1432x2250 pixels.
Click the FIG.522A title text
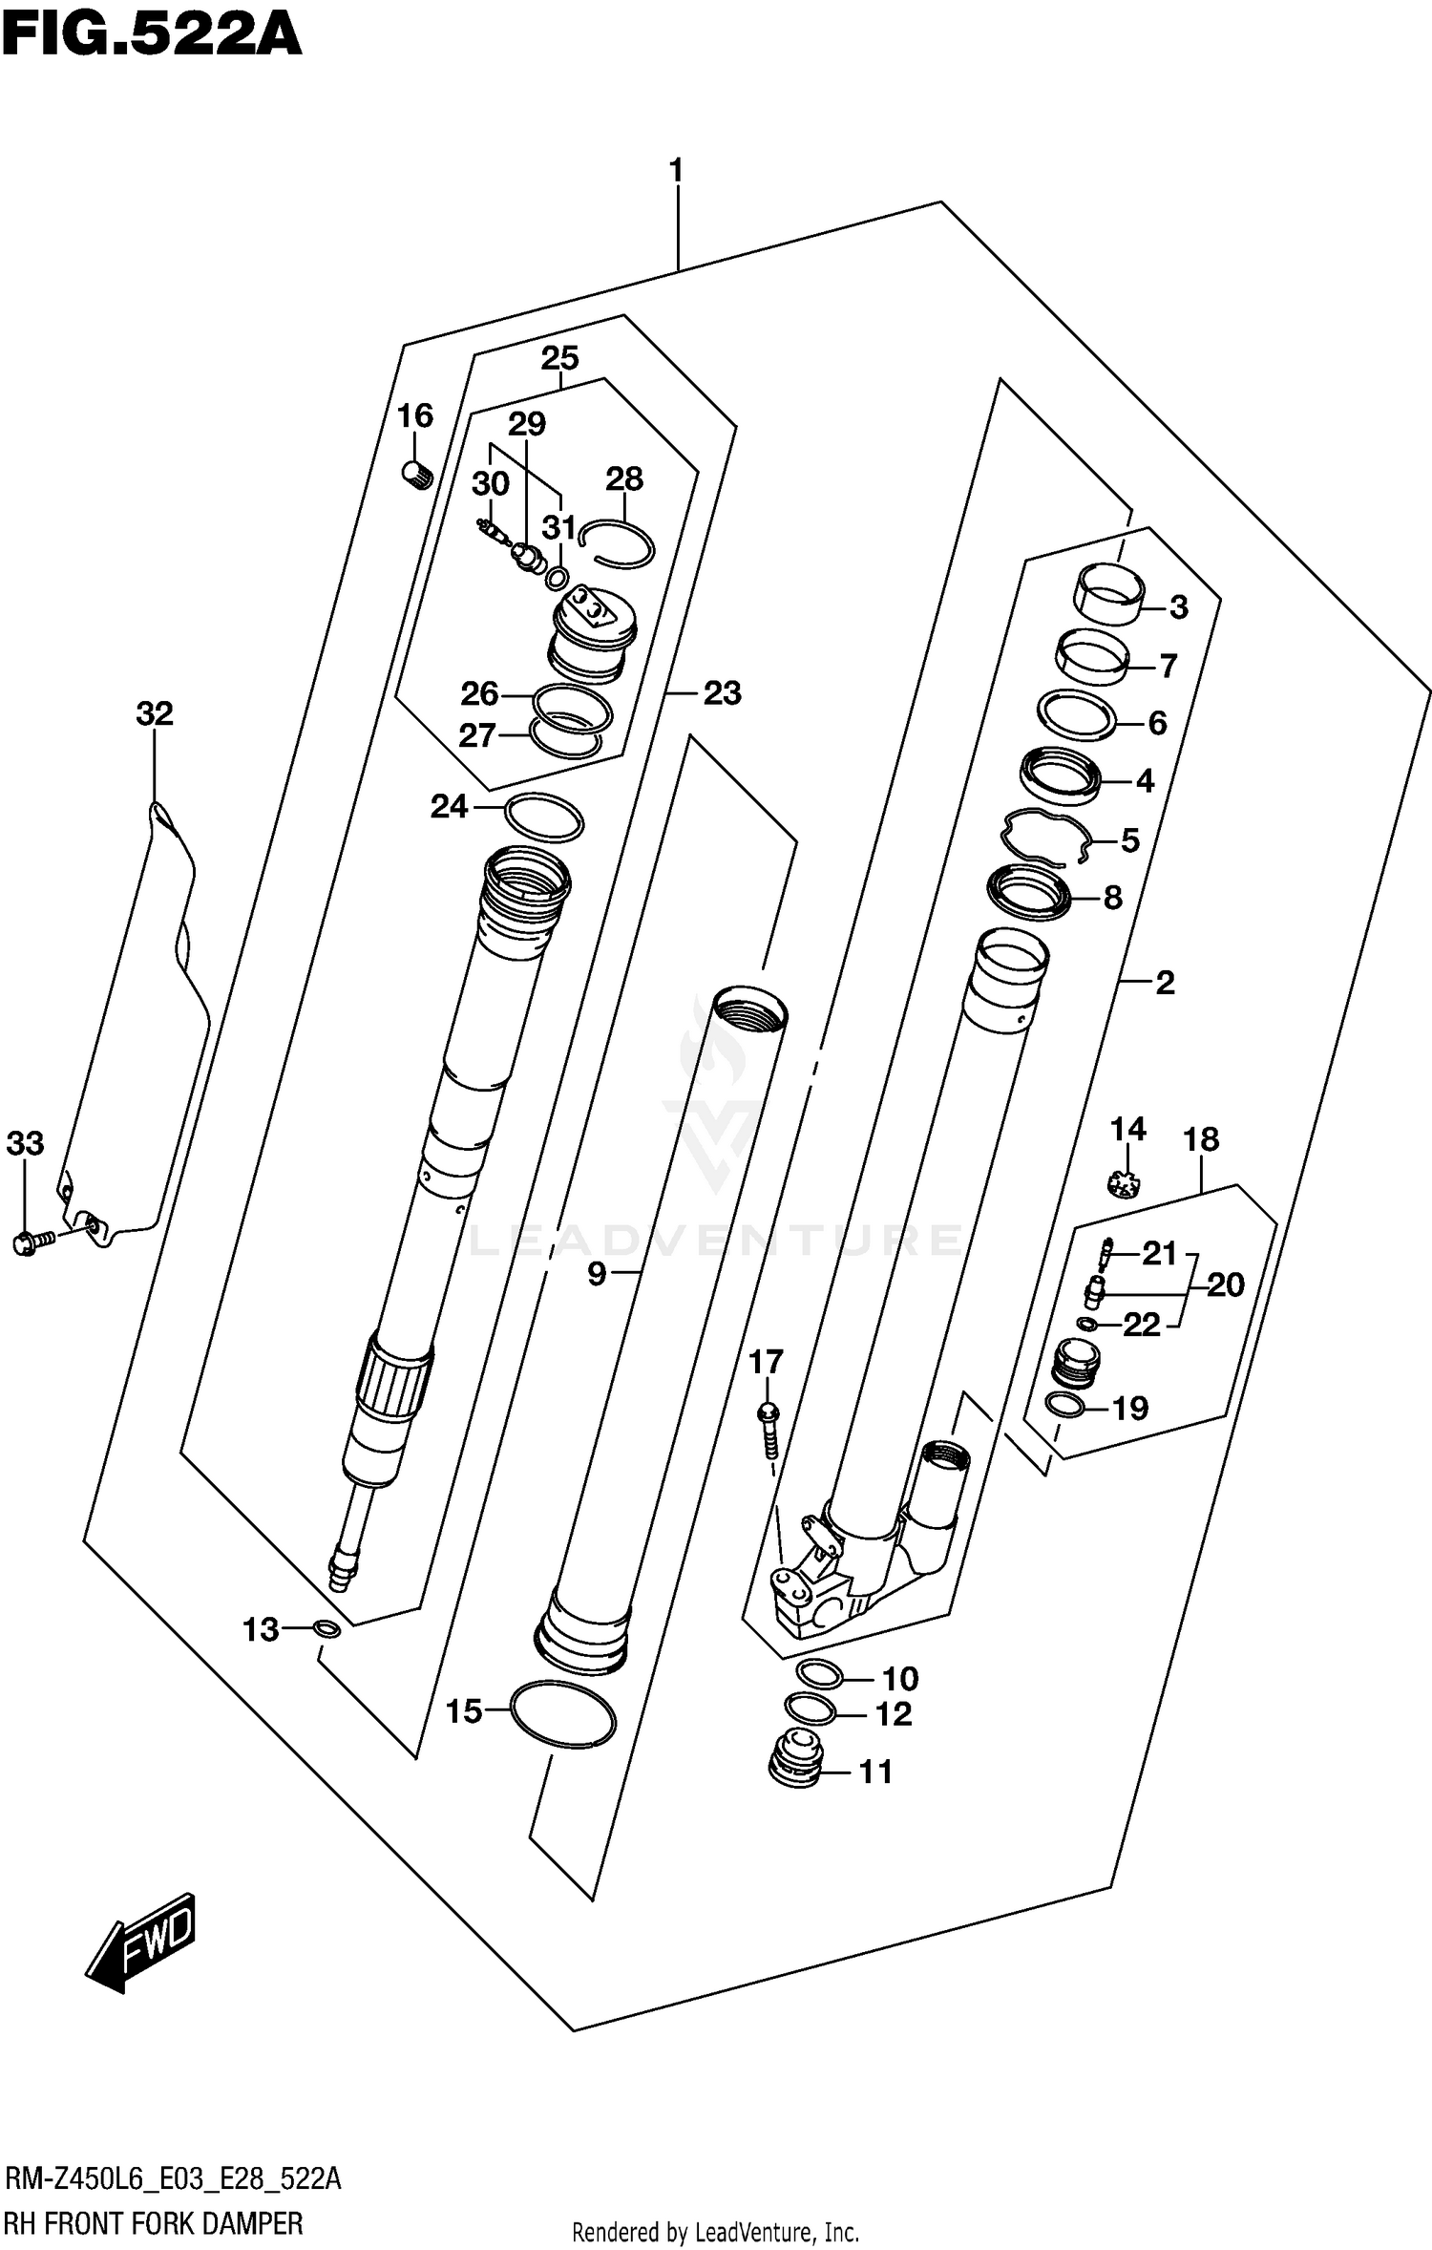pos(151,36)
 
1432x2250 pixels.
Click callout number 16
pos(415,415)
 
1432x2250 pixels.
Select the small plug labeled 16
pos(417,475)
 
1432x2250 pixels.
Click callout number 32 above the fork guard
pos(155,713)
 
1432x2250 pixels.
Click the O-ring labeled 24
pos(543,818)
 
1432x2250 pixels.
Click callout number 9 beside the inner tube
pos(597,1274)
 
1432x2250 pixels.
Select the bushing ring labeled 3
pos(1108,594)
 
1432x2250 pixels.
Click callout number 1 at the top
pos(676,172)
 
